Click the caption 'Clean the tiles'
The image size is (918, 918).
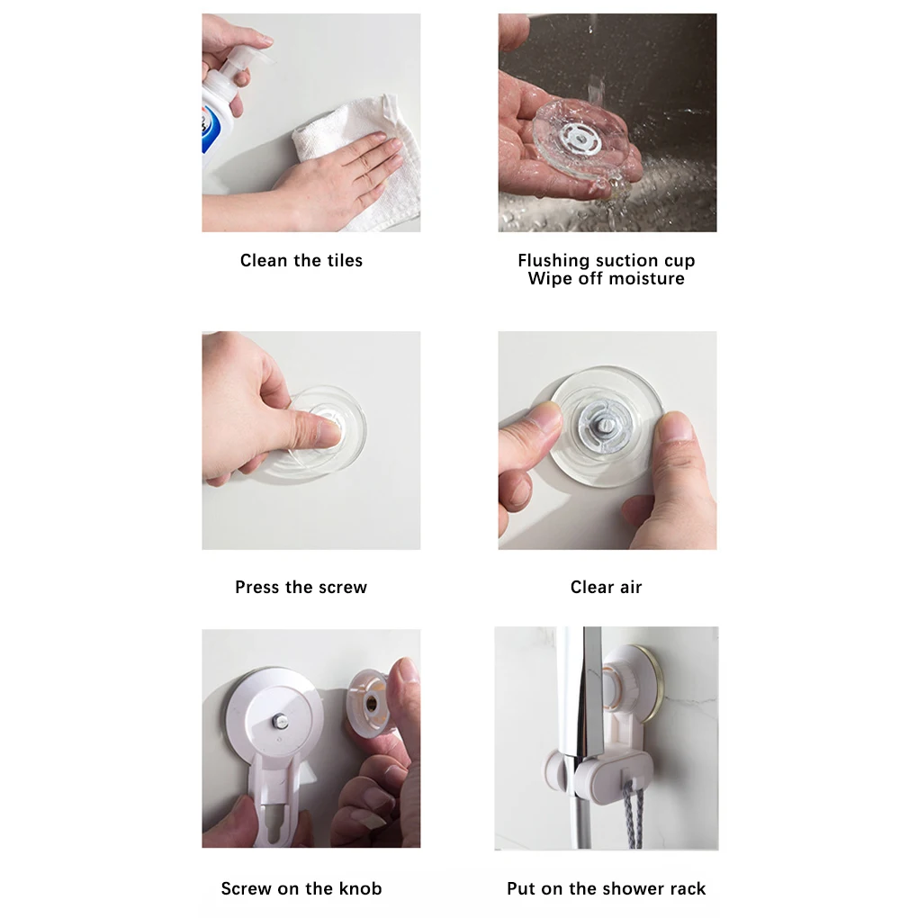point(301,260)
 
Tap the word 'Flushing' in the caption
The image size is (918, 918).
point(553,261)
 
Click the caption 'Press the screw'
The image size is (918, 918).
point(301,587)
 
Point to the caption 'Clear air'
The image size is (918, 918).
point(606,587)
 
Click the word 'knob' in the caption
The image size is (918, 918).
point(360,888)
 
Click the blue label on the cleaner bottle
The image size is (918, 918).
point(210,131)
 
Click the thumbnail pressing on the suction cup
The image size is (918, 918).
point(327,432)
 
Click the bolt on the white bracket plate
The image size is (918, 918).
point(280,721)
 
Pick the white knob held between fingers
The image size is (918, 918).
point(369,703)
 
